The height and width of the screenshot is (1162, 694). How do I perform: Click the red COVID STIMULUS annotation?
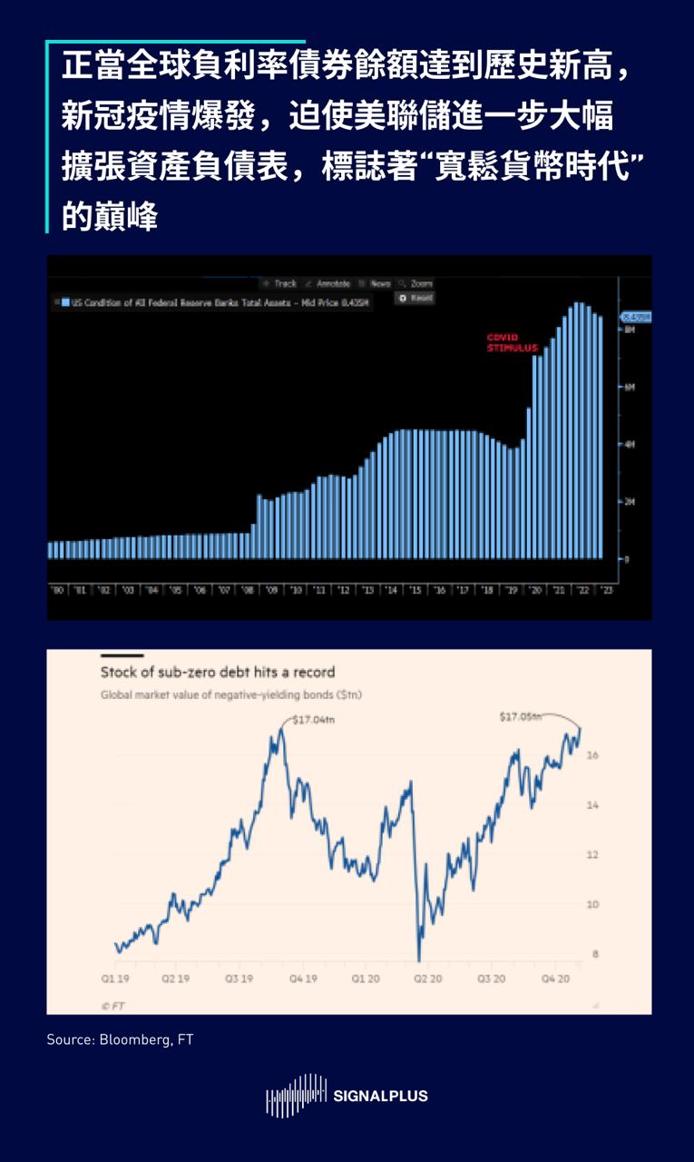coord(513,342)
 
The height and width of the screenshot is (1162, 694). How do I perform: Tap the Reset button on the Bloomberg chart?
coord(416,298)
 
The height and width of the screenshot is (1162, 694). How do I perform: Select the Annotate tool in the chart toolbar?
coord(330,283)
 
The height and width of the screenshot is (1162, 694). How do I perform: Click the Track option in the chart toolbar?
coord(283,283)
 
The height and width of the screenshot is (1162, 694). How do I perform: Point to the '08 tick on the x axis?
coord(247,590)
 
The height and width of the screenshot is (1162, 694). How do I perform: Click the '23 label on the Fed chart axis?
coord(608,590)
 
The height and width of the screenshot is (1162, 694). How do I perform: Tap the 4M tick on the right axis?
coord(630,444)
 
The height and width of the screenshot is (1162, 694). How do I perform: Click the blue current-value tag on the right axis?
coord(635,317)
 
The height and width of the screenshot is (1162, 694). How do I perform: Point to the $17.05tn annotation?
coord(521,717)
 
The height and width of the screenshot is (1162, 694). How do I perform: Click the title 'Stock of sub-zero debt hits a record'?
coord(218,673)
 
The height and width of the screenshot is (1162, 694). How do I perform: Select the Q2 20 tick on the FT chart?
coord(427,980)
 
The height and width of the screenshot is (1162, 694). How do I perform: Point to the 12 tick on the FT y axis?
coord(594,855)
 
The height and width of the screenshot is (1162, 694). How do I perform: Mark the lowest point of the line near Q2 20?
coord(418,960)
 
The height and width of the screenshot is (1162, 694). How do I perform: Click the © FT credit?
coord(112,1005)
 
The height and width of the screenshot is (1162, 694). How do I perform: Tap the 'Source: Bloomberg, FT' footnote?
coord(120,1039)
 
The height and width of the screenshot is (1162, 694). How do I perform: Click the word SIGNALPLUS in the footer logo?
coord(381,1096)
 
